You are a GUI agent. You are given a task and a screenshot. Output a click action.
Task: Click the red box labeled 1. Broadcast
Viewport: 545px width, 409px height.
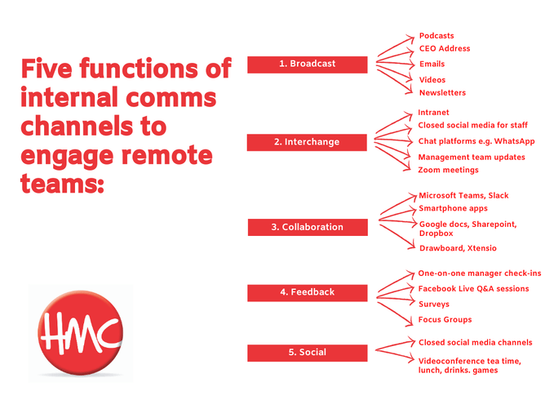307,64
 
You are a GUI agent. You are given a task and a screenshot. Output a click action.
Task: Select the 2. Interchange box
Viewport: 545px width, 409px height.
307,142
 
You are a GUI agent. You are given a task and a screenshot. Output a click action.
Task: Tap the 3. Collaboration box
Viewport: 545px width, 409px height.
307,227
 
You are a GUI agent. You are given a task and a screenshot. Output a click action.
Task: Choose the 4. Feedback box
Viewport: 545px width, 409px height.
307,292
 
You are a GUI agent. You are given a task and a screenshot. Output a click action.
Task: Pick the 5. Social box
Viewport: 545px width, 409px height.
307,353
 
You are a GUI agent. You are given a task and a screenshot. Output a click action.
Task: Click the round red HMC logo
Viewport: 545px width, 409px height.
80,331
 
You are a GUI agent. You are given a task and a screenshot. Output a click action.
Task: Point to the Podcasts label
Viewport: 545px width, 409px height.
436,36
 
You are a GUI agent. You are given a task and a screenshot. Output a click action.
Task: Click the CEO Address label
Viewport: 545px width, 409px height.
444,49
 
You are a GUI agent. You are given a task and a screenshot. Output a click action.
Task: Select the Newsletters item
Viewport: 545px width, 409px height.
442,93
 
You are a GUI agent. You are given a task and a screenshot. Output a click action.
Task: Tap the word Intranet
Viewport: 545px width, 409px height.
433,113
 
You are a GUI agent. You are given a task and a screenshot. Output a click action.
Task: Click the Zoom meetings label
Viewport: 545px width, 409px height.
448,170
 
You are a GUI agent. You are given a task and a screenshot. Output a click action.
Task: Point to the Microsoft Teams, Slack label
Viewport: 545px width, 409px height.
463,196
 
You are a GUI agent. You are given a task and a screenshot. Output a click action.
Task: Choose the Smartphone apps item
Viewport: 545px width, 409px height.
453,209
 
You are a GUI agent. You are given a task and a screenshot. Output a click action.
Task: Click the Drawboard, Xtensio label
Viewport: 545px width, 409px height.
457,248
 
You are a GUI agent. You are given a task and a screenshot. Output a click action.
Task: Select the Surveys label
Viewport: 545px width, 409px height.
433,305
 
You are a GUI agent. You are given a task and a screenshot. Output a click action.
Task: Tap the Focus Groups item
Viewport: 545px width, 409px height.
445,320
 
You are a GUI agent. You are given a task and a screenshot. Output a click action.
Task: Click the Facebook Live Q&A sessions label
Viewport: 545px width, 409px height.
473,289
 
